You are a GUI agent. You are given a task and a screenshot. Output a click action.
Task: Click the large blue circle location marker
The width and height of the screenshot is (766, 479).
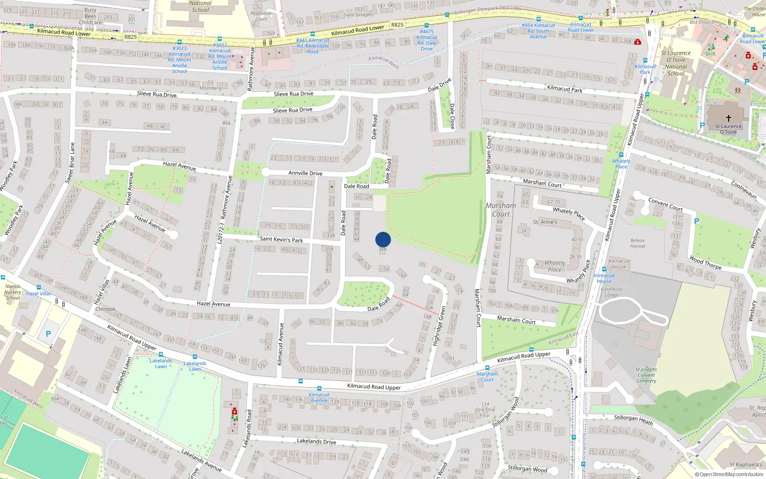383,239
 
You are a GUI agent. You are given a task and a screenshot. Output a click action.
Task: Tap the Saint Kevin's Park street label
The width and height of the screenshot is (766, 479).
281,239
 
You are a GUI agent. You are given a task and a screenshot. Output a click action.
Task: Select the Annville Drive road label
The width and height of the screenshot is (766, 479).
305,173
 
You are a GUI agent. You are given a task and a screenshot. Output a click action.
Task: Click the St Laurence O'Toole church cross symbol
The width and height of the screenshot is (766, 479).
729,118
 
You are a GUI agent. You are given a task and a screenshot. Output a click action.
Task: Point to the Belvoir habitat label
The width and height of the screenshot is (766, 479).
638,243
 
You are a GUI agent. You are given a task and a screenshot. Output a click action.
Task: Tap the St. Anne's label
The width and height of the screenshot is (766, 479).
545,222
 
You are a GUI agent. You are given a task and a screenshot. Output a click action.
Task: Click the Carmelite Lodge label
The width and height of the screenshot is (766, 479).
612,292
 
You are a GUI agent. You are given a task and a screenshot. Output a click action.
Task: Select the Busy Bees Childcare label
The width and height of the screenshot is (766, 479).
90,16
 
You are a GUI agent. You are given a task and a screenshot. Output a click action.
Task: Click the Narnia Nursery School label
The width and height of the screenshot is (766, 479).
13,292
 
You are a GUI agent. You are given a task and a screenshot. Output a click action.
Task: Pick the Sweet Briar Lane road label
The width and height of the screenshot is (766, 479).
70,162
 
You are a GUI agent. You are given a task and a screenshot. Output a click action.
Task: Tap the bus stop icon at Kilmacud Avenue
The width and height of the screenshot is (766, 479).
319,388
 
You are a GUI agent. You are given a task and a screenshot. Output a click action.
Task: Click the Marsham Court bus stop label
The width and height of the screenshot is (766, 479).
487,376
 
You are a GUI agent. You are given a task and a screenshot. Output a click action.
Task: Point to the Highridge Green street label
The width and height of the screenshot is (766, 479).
439,326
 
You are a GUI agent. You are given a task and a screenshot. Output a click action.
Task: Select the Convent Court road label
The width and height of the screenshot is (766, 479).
665,204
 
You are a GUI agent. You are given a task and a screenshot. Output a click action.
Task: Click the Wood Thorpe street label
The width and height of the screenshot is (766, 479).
705,262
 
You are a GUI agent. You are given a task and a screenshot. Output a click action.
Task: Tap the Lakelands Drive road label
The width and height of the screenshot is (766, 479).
316,441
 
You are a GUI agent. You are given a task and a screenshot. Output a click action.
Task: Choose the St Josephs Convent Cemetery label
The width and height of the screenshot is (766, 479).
646,375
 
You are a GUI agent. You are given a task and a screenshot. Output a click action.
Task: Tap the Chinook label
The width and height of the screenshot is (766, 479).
105,309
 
